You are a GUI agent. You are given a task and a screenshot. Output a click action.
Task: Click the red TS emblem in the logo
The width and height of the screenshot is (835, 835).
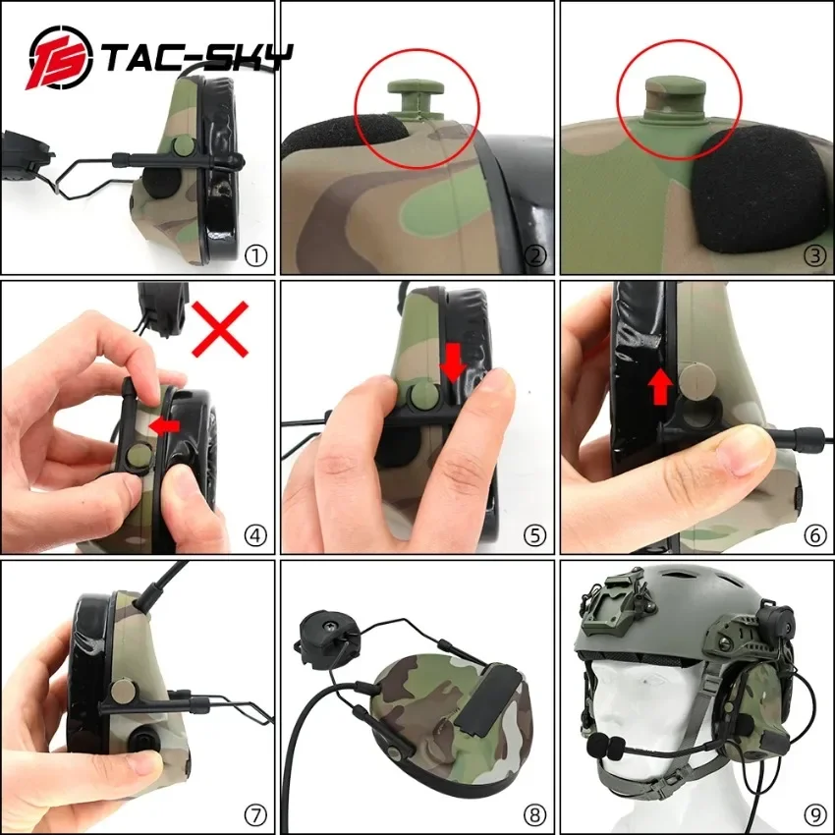(x=60, y=57)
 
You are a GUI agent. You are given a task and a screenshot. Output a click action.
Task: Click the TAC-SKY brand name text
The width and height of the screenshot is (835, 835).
(x=197, y=58)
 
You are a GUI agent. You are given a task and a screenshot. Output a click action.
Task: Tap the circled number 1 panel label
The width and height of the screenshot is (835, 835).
(x=255, y=256)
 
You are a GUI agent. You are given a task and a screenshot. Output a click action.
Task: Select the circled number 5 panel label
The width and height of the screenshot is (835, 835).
(x=535, y=534)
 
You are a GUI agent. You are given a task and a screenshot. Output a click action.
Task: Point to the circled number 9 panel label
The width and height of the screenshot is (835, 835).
(x=814, y=814)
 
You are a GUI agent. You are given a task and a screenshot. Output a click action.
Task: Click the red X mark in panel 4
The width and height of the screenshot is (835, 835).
(x=220, y=328)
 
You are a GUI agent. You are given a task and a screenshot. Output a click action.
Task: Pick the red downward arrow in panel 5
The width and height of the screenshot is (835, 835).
(x=453, y=362)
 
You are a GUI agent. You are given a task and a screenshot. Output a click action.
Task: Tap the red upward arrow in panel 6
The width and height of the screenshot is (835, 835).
(x=660, y=387)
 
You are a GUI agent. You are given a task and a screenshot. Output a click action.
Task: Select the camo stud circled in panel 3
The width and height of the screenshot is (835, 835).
(x=676, y=98)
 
